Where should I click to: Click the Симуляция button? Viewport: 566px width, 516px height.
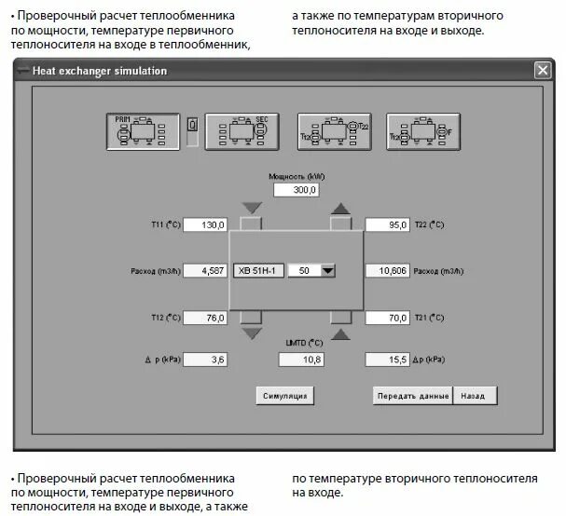284,396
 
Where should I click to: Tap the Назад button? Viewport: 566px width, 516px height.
475,396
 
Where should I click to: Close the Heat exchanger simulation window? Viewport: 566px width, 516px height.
542,71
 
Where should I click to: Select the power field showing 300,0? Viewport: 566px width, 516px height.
297,190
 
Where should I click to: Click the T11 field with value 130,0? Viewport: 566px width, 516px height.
206,224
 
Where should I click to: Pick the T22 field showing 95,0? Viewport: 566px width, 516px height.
387,224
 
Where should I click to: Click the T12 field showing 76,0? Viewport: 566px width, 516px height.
206,318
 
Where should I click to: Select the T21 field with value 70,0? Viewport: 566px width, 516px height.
387,318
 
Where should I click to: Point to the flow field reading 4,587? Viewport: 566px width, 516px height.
206,271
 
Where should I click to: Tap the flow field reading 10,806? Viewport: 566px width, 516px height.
387,271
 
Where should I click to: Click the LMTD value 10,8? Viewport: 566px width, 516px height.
297,360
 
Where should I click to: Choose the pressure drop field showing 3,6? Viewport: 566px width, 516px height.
206,360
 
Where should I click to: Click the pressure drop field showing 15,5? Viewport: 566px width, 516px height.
387,360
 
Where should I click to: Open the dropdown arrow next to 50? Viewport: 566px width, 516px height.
327,271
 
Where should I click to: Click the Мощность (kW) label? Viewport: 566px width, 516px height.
297,175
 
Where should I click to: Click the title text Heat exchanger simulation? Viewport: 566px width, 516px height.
100,71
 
